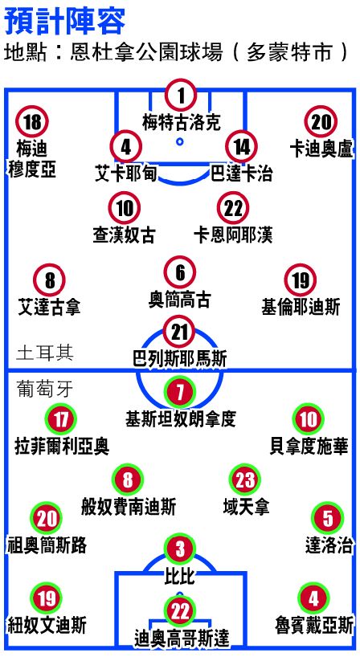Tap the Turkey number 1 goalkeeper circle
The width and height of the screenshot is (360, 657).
click(181, 95)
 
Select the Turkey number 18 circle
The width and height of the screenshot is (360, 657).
click(32, 122)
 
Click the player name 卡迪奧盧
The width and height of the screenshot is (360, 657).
click(322, 149)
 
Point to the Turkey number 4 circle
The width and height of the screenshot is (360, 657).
click(125, 147)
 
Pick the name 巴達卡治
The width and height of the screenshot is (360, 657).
click(241, 173)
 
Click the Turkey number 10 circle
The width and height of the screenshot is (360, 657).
click(124, 208)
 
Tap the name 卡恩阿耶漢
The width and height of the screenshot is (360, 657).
click(233, 235)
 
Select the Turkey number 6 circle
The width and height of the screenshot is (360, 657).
click(180, 272)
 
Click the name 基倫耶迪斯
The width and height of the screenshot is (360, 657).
click(301, 307)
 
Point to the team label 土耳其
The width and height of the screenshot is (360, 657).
click(45, 353)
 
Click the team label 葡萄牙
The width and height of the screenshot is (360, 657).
click(45, 390)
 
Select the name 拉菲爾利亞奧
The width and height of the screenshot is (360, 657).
click(62, 447)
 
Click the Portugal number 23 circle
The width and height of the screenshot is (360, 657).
click(245, 479)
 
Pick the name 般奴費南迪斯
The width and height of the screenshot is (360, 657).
click(129, 506)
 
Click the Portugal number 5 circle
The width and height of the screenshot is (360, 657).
click(328, 518)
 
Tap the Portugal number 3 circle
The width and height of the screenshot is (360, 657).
click(180, 549)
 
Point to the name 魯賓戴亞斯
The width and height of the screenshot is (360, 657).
click(314, 626)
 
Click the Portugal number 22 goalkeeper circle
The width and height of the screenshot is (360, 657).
click(180, 611)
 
